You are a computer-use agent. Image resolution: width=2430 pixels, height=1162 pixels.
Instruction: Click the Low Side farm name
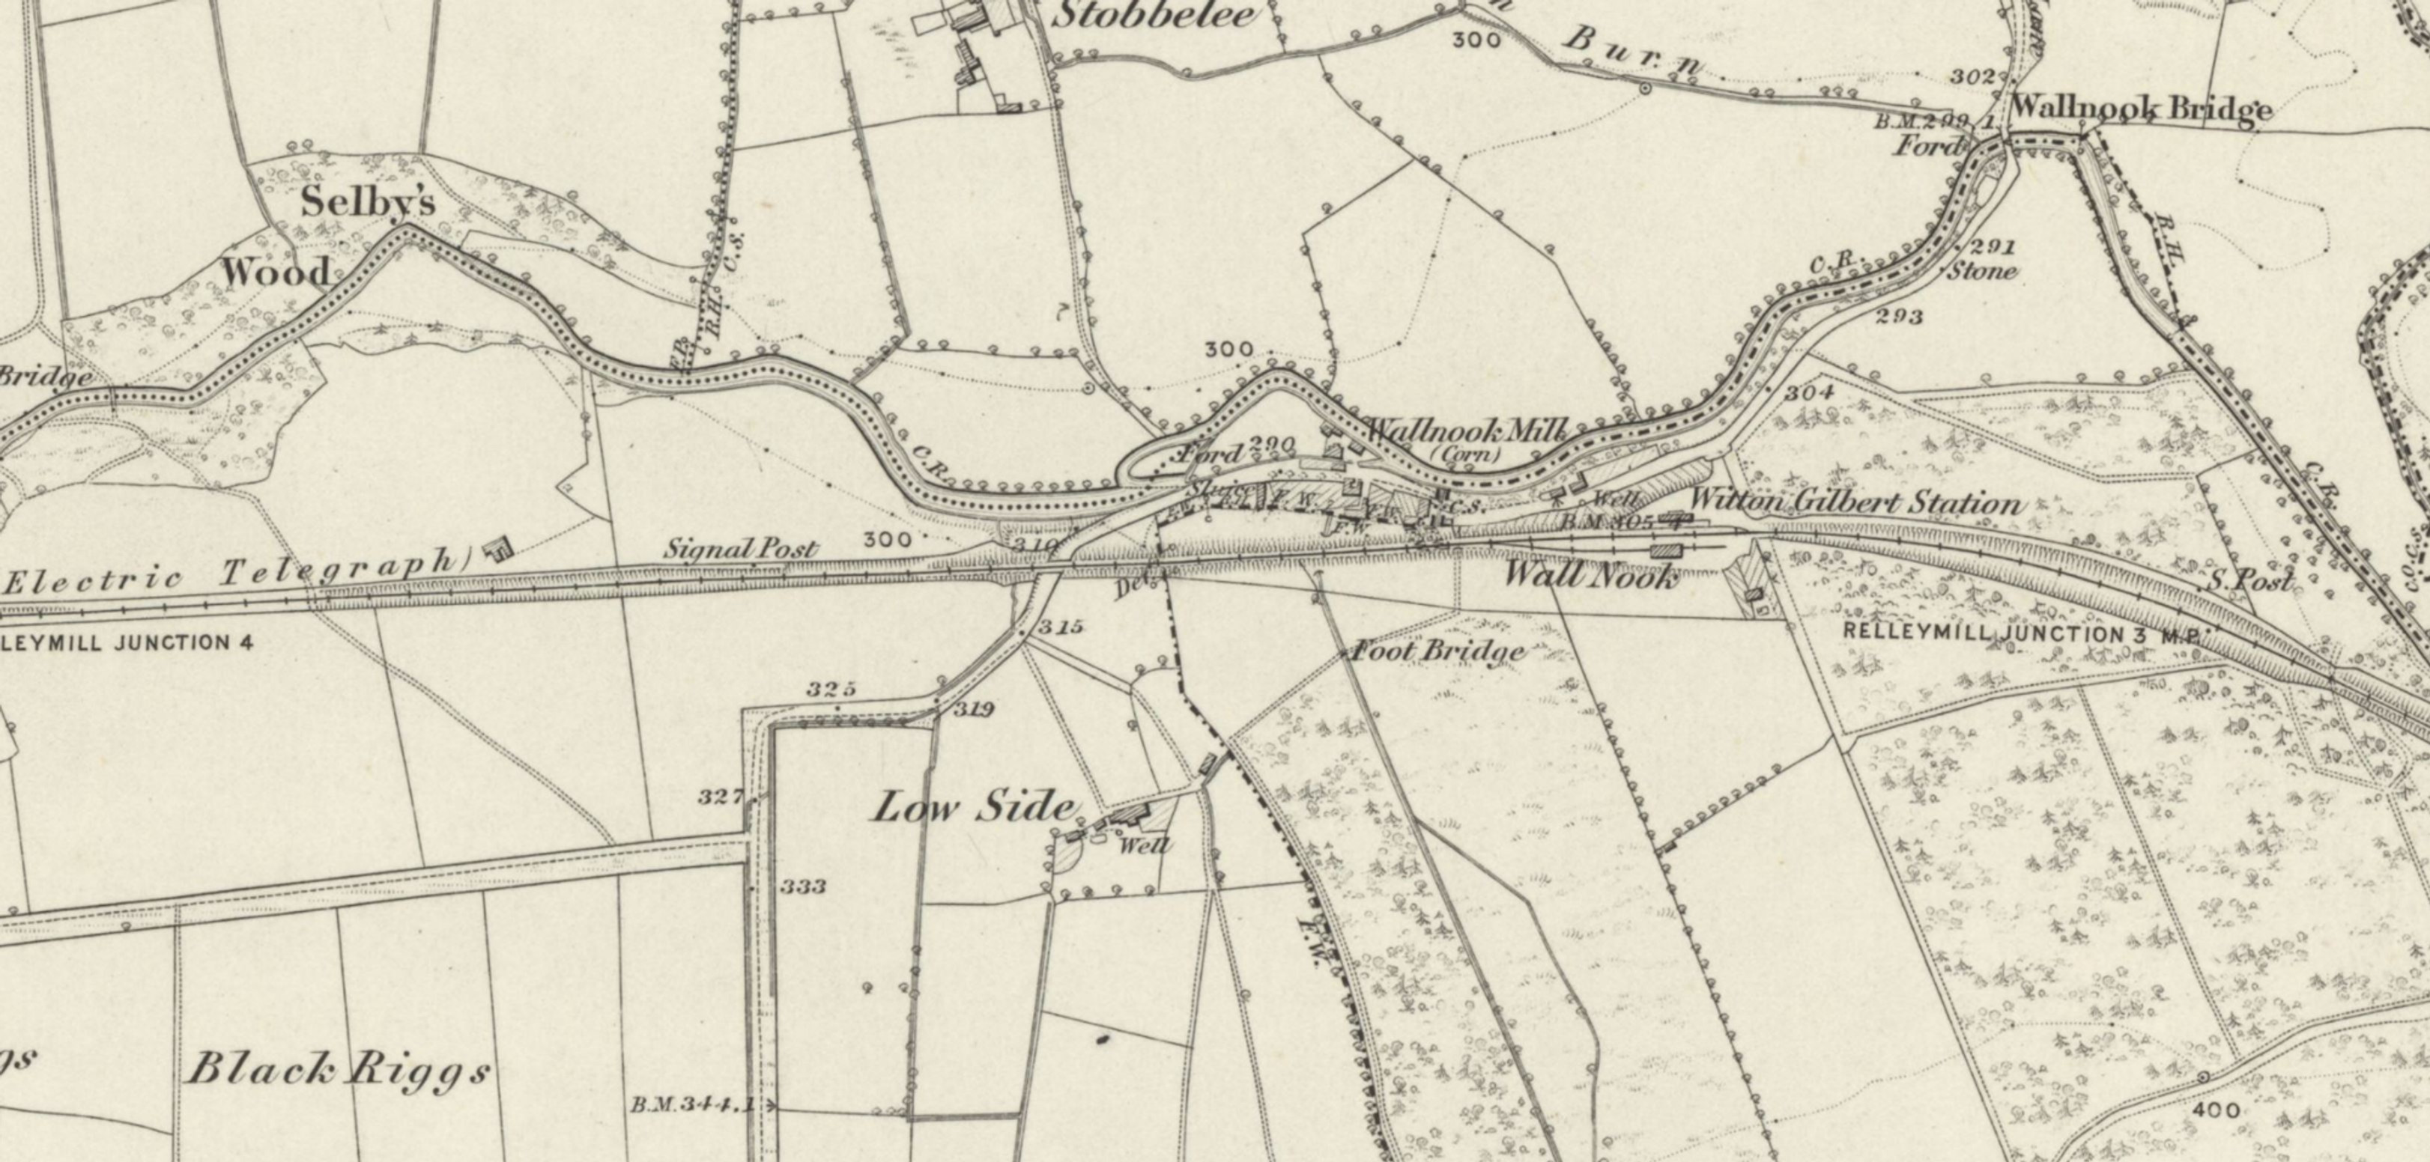(x=974, y=807)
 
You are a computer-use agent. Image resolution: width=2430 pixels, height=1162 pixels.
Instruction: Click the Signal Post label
(x=741, y=548)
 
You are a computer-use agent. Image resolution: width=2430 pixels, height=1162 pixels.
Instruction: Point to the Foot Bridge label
(x=1438, y=651)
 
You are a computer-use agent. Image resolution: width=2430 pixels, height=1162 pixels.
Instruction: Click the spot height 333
(x=804, y=886)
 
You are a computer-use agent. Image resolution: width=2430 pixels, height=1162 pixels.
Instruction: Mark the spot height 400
(x=2216, y=1110)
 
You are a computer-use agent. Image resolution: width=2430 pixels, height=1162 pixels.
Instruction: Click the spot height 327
(x=721, y=797)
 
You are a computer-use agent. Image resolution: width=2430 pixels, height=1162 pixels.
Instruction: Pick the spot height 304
(x=1808, y=392)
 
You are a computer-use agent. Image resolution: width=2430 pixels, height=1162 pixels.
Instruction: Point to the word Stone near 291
(x=1982, y=272)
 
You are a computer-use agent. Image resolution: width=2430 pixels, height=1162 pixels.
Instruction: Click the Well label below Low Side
(x=1145, y=845)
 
